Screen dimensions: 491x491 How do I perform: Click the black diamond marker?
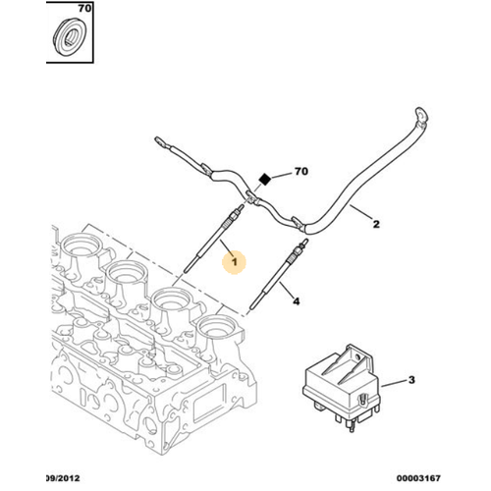[263, 179]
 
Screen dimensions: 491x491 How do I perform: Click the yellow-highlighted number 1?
[233, 261]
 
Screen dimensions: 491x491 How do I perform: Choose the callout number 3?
[411, 379]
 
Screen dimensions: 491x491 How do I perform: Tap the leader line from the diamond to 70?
[280, 175]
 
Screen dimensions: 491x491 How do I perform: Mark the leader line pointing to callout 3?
[391, 380]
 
